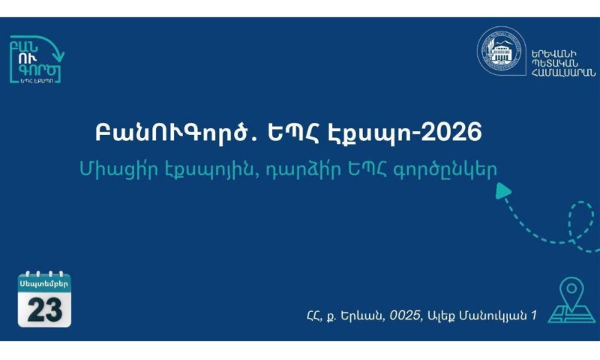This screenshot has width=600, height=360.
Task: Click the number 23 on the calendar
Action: coord(44,310)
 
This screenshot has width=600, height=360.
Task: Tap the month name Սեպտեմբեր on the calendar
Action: coord(44,283)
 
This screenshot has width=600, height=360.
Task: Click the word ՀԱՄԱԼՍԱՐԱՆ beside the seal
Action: coord(563,73)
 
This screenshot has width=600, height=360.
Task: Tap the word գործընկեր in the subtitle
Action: coord(445,169)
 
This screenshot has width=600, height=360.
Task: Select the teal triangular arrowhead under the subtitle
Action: coord(502,191)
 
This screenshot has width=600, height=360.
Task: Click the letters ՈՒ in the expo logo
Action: coord(28,58)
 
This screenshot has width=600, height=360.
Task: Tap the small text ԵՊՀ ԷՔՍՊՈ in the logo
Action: coord(37,81)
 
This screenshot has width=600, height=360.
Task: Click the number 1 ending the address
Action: coord(534,316)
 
